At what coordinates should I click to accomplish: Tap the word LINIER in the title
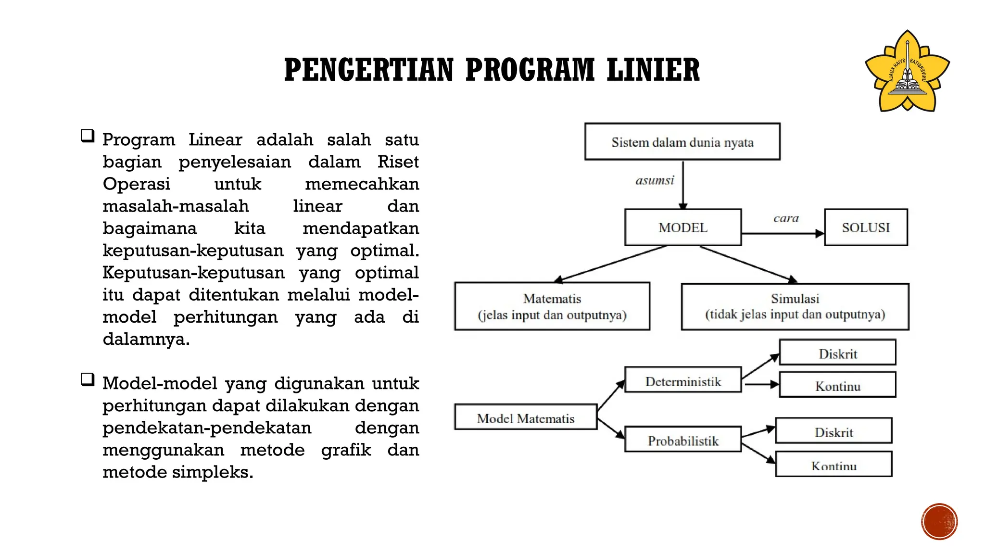[653, 70]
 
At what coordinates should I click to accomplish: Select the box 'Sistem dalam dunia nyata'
[682, 142]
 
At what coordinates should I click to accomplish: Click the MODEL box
[683, 227]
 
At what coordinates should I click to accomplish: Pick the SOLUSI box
[866, 227]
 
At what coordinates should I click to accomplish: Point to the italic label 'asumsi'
[655, 181]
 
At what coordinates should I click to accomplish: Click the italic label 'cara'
[786, 218]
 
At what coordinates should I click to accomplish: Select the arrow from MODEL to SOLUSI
[783, 234]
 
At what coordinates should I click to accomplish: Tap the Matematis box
[552, 306]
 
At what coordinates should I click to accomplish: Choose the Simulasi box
[795, 306]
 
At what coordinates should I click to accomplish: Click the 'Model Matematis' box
[526, 417]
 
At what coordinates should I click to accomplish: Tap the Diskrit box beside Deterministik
[837, 353]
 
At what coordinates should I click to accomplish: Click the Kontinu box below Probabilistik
[833, 464]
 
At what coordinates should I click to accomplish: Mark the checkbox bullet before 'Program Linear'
[88, 136]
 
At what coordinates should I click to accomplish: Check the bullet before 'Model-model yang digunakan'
[88, 380]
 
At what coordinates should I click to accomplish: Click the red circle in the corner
[939, 522]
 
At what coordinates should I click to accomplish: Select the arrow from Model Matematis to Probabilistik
[611, 428]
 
